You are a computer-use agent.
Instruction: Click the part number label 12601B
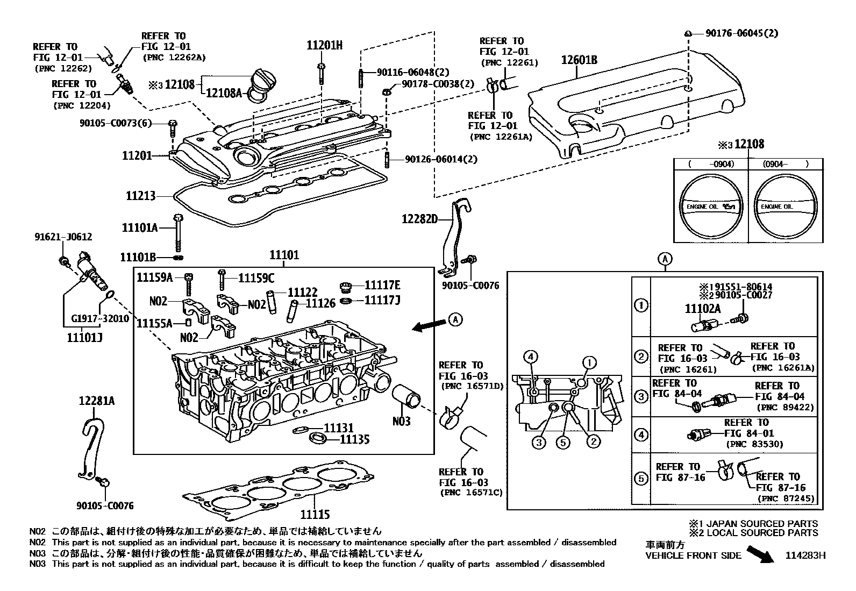[x=579, y=60]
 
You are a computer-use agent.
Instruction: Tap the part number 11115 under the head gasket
[x=315, y=514]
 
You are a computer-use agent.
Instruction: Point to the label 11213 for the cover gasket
[x=141, y=196]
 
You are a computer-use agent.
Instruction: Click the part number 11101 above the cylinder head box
[x=284, y=255]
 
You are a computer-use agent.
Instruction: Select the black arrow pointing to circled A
[x=429, y=324]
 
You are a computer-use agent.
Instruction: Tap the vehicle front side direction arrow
[x=760, y=554]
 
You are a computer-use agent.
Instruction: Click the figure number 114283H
[x=804, y=556]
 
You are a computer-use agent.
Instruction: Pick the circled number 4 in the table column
[x=641, y=435]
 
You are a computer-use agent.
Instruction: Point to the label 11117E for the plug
[x=382, y=286]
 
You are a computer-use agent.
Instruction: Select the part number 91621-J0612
[x=63, y=237]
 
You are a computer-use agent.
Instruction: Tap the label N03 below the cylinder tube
[x=401, y=421]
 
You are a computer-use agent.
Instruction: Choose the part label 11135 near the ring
[x=355, y=439]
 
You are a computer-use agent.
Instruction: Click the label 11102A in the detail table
[x=702, y=308]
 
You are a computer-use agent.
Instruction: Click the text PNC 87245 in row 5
[x=787, y=499]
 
